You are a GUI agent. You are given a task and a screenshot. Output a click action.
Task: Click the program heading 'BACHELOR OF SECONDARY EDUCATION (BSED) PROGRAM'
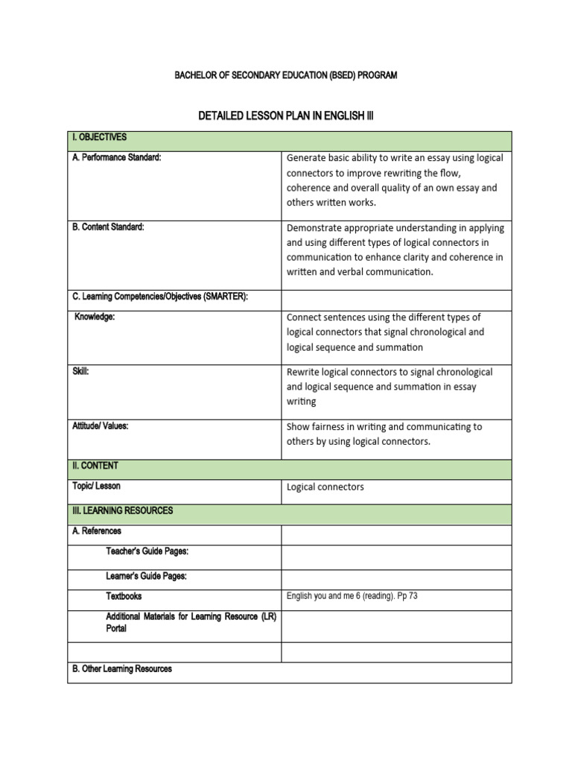285,75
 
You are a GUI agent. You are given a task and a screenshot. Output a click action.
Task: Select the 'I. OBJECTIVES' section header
100,138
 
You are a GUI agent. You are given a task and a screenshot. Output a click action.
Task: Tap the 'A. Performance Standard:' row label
117,158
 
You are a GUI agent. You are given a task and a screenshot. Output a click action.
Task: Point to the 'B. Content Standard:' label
108,227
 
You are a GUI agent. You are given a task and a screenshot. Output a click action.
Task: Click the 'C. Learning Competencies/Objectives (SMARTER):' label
159,297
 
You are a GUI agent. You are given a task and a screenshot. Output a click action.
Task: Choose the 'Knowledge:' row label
95,317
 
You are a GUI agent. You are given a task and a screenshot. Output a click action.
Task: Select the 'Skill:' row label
80,371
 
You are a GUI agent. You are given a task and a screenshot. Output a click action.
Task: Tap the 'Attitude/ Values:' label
101,426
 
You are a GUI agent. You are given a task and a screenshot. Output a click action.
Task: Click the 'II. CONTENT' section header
95,466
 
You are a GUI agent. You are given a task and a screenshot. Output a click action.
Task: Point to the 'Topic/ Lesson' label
96,486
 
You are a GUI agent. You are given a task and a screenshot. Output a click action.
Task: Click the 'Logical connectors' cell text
325,487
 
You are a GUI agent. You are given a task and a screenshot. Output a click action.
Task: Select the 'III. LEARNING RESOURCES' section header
122,510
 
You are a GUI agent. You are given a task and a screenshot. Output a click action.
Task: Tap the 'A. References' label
97,531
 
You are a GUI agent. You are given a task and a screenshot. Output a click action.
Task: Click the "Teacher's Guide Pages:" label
147,551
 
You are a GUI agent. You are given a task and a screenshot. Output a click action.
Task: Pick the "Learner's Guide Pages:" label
146,576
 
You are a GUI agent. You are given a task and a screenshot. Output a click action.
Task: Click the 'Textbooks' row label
124,596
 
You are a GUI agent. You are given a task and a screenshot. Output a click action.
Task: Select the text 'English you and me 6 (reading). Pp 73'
352,596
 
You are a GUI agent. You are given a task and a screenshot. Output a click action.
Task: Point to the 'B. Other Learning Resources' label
122,669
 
